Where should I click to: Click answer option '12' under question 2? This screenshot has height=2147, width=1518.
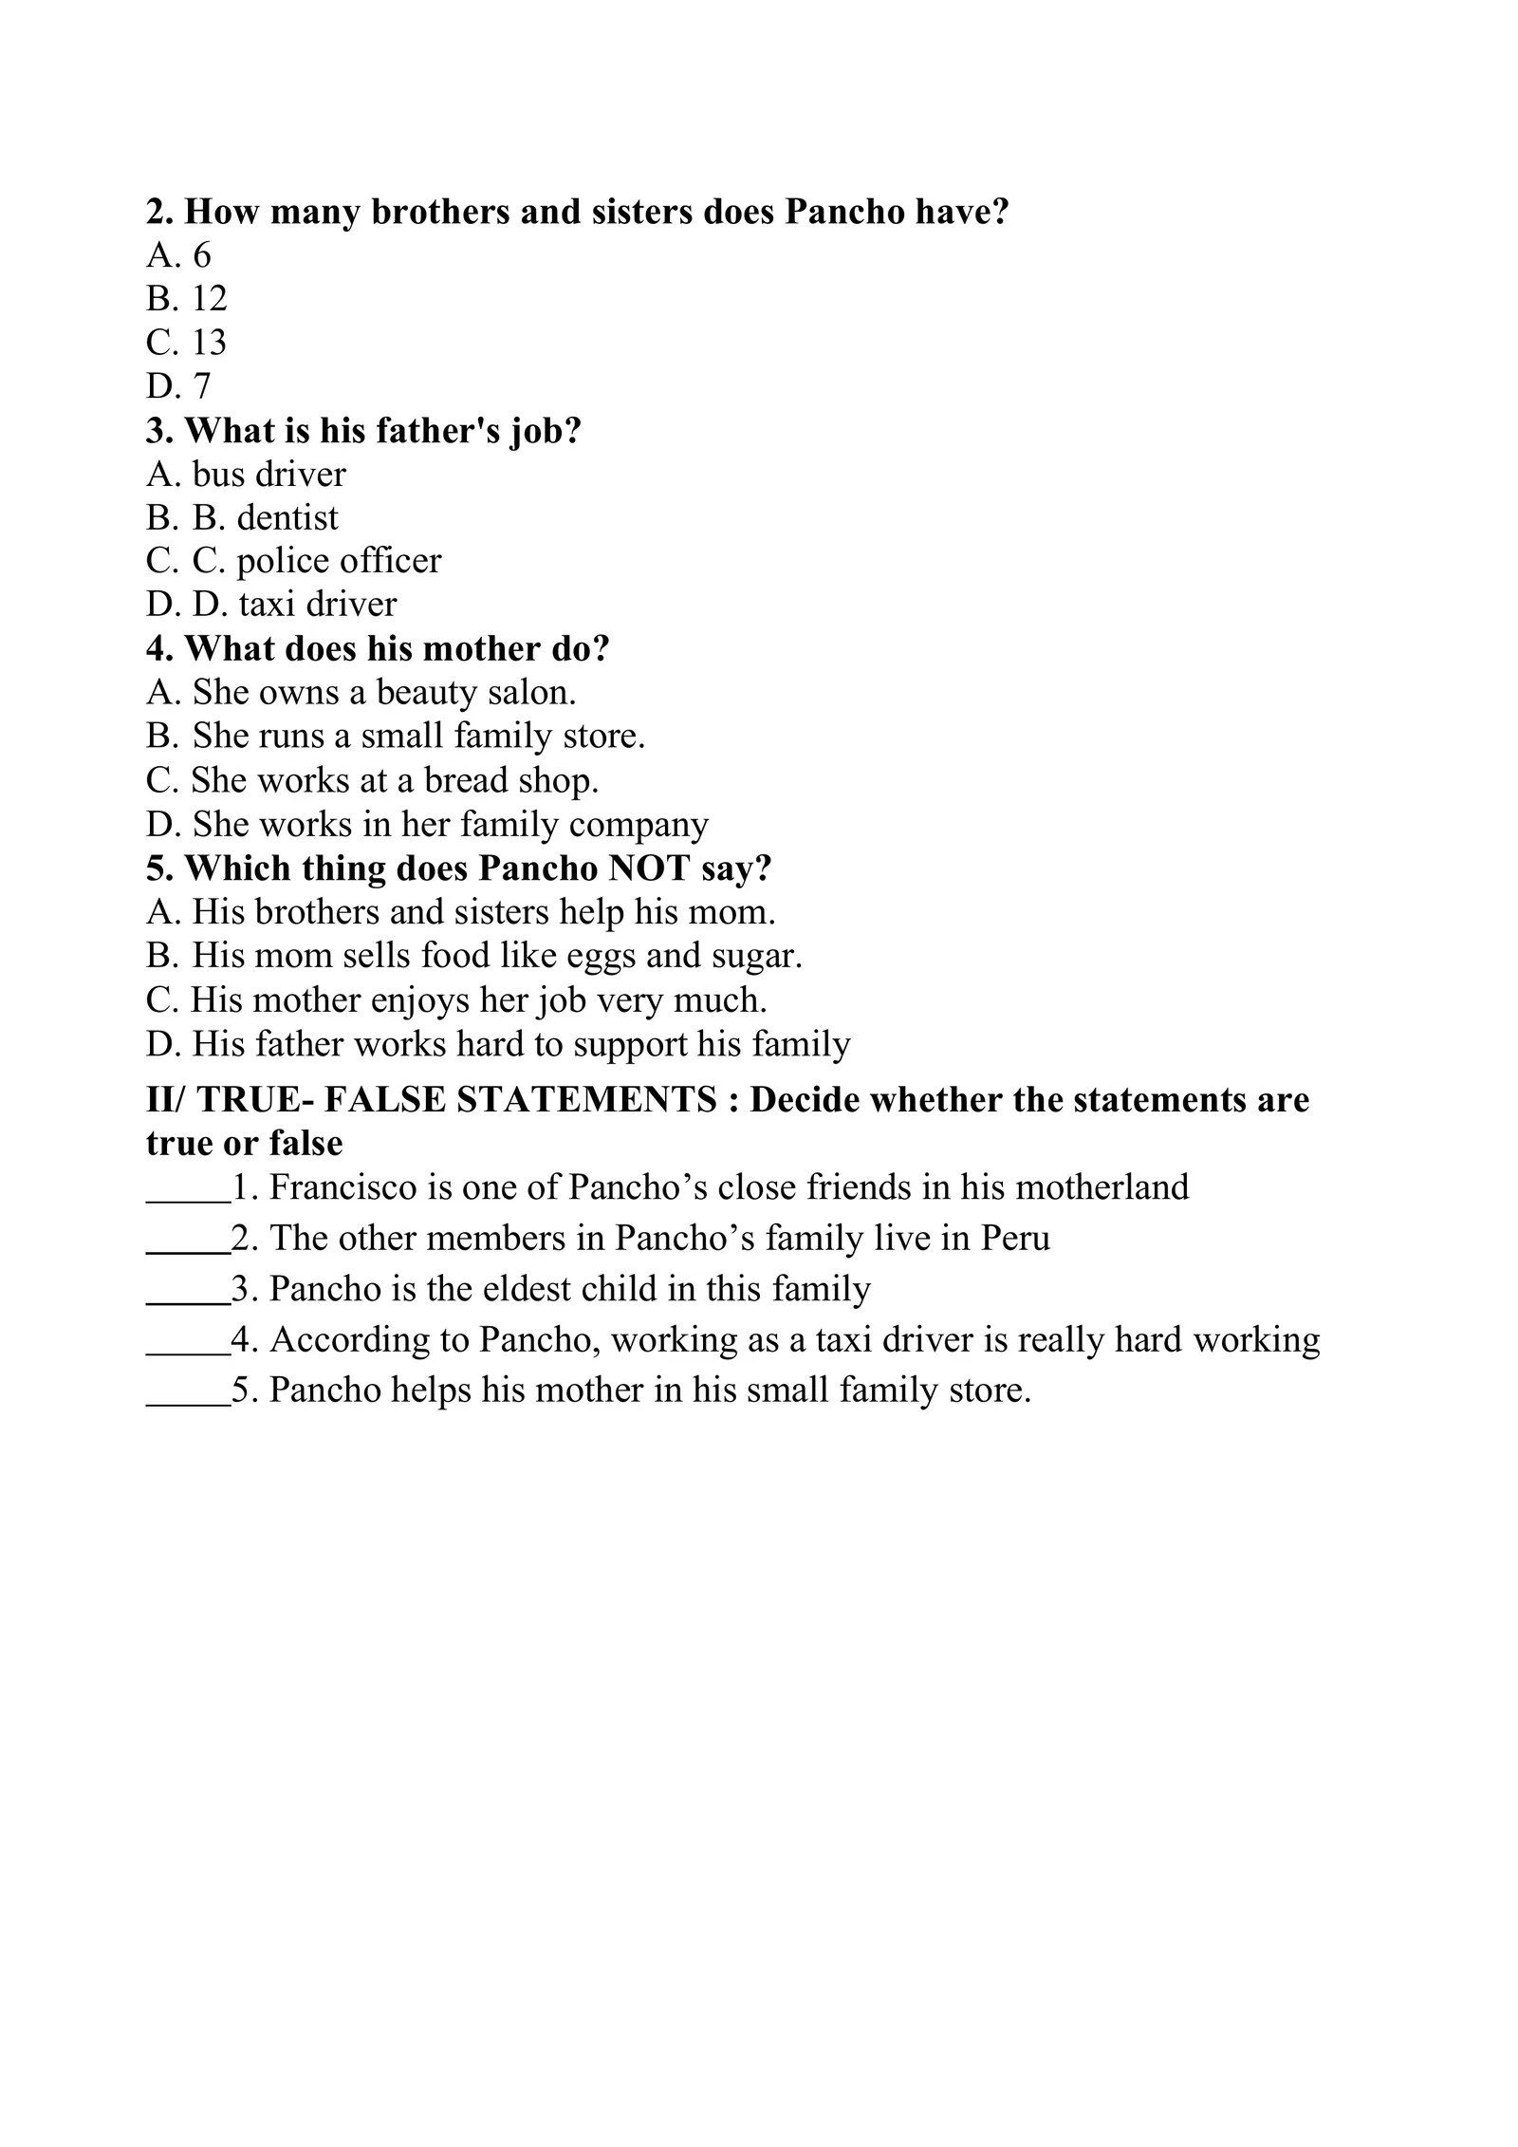coord(209,299)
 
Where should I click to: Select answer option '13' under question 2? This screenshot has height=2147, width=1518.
coord(209,343)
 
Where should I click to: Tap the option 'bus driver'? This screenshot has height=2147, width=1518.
coord(268,474)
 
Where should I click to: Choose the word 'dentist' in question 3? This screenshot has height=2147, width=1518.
coord(287,517)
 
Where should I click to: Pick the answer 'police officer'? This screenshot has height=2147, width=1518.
coord(339,561)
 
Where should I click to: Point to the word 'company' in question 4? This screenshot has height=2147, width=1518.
coord(639,825)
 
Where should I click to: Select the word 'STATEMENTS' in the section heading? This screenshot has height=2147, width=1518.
coord(586,1100)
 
